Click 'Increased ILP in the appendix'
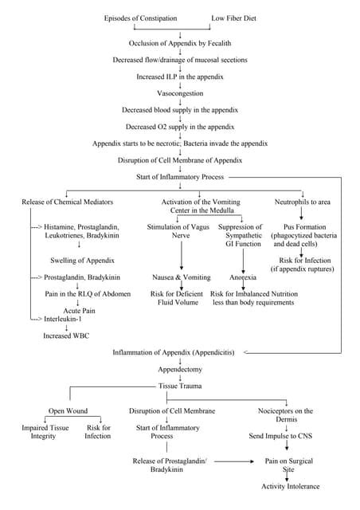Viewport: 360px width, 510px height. pyautogui.click(x=180, y=76)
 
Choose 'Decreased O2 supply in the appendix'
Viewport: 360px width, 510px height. pyautogui.click(x=180, y=127)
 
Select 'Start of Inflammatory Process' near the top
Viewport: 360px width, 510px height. pyautogui.click(x=180, y=176)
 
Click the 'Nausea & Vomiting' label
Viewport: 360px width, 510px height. pyautogui.click(x=182, y=277)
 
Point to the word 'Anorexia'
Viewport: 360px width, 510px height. pyautogui.click(x=243, y=277)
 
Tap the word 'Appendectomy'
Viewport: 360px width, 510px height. pyautogui.click(x=180, y=370)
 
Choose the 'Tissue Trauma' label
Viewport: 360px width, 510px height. pyautogui.click(x=180, y=386)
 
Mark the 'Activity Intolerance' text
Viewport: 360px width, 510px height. pyautogui.click(x=291, y=486)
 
